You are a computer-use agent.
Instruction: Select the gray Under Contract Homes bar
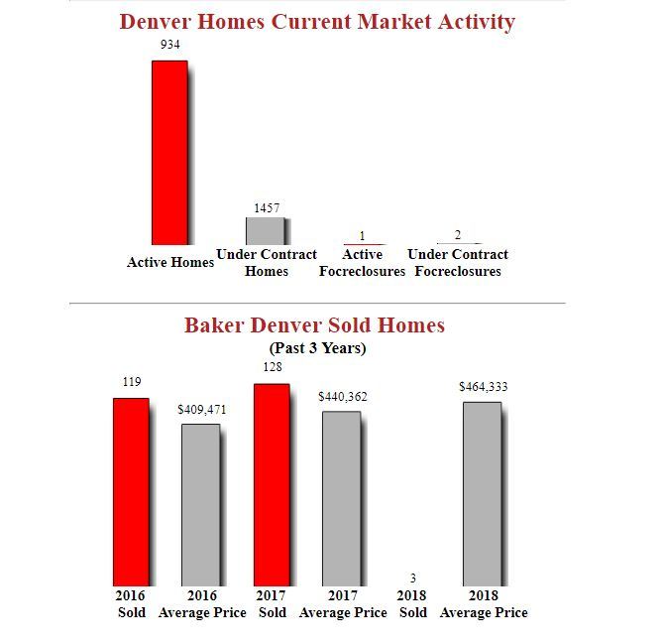coord(265,231)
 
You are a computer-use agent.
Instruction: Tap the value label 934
coord(169,46)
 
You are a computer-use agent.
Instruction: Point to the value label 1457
coord(266,208)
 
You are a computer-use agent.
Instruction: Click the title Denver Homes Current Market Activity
coord(317,22)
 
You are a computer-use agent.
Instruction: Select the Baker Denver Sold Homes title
coord(314,325)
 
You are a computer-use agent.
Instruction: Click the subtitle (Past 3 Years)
coord(317,348)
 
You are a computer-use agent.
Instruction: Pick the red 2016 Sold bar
coord(130,491)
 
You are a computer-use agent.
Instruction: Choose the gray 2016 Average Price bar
coord(200,504)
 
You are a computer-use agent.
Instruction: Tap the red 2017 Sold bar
coord(272,484)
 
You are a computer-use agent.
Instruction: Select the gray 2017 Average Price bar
coord(342,497)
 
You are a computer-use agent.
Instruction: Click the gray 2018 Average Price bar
coord(483,493)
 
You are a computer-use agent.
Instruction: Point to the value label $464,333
coord(483,387)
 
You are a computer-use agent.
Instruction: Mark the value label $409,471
coord(202,409)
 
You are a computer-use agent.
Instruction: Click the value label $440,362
coord(343,397)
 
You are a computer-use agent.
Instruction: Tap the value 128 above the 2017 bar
coord(273,367)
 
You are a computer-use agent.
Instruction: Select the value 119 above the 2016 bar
coord(132,382)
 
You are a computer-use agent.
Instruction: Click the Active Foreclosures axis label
coord(362,263)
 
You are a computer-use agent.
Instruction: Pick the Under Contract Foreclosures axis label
coord(458,263)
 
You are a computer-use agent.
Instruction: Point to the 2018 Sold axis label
coord(412,604)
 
